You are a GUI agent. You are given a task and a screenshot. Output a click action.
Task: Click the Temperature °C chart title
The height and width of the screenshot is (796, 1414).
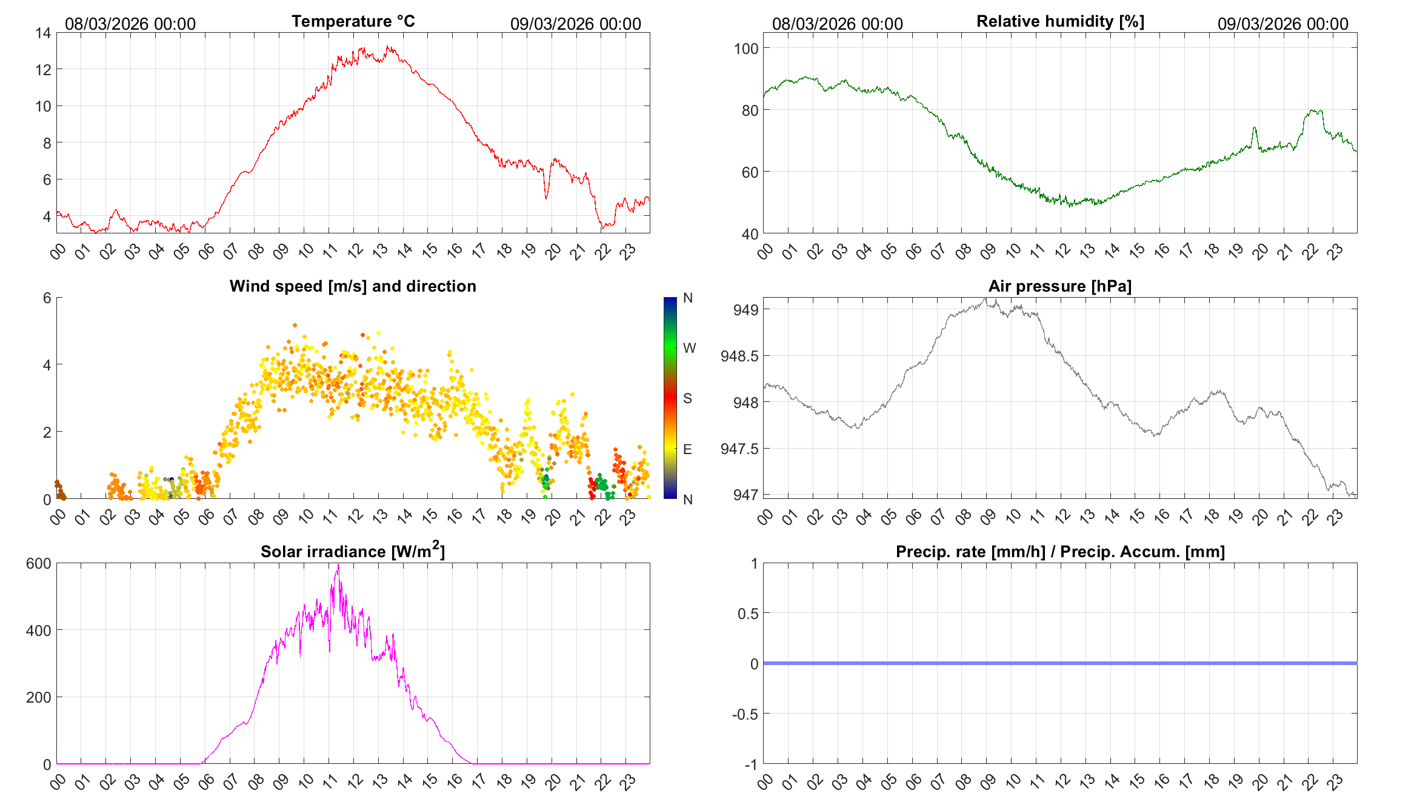353,21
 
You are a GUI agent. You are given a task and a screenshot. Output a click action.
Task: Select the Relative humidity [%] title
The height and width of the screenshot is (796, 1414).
1060,21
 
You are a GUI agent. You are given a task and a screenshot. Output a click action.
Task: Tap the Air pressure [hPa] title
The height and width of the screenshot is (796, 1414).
1059,286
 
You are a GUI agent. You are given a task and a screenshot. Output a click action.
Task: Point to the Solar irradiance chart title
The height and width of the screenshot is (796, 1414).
353,551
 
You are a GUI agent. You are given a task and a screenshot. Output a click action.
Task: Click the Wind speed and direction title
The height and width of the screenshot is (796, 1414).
353,286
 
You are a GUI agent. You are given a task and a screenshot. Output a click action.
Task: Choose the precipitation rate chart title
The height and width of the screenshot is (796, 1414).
1060,552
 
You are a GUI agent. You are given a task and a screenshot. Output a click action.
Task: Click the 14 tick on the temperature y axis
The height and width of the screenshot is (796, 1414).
43,33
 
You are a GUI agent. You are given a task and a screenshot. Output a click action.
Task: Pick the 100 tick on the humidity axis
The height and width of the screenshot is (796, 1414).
745,48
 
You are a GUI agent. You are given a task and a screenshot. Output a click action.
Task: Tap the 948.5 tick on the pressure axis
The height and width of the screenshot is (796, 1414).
739,356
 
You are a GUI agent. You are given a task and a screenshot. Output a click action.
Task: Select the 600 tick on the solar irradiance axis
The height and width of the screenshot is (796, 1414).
39,564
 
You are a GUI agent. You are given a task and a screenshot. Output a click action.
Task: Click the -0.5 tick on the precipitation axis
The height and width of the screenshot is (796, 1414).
745,714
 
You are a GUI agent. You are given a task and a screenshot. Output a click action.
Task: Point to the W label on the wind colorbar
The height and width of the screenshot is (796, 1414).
689,348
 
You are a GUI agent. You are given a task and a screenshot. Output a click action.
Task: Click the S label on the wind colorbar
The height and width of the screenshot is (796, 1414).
687,398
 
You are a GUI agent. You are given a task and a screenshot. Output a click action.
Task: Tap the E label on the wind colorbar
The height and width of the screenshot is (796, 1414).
687,449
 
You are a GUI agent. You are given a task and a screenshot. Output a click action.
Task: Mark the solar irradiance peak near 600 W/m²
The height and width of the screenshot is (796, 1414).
338,566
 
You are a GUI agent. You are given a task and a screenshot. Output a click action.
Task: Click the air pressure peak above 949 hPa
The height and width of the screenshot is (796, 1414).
986,299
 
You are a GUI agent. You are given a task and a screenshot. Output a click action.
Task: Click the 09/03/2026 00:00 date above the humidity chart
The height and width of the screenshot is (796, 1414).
1282,24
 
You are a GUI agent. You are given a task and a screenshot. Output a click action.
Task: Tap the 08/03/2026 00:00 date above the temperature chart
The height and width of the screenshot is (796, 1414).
130,24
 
